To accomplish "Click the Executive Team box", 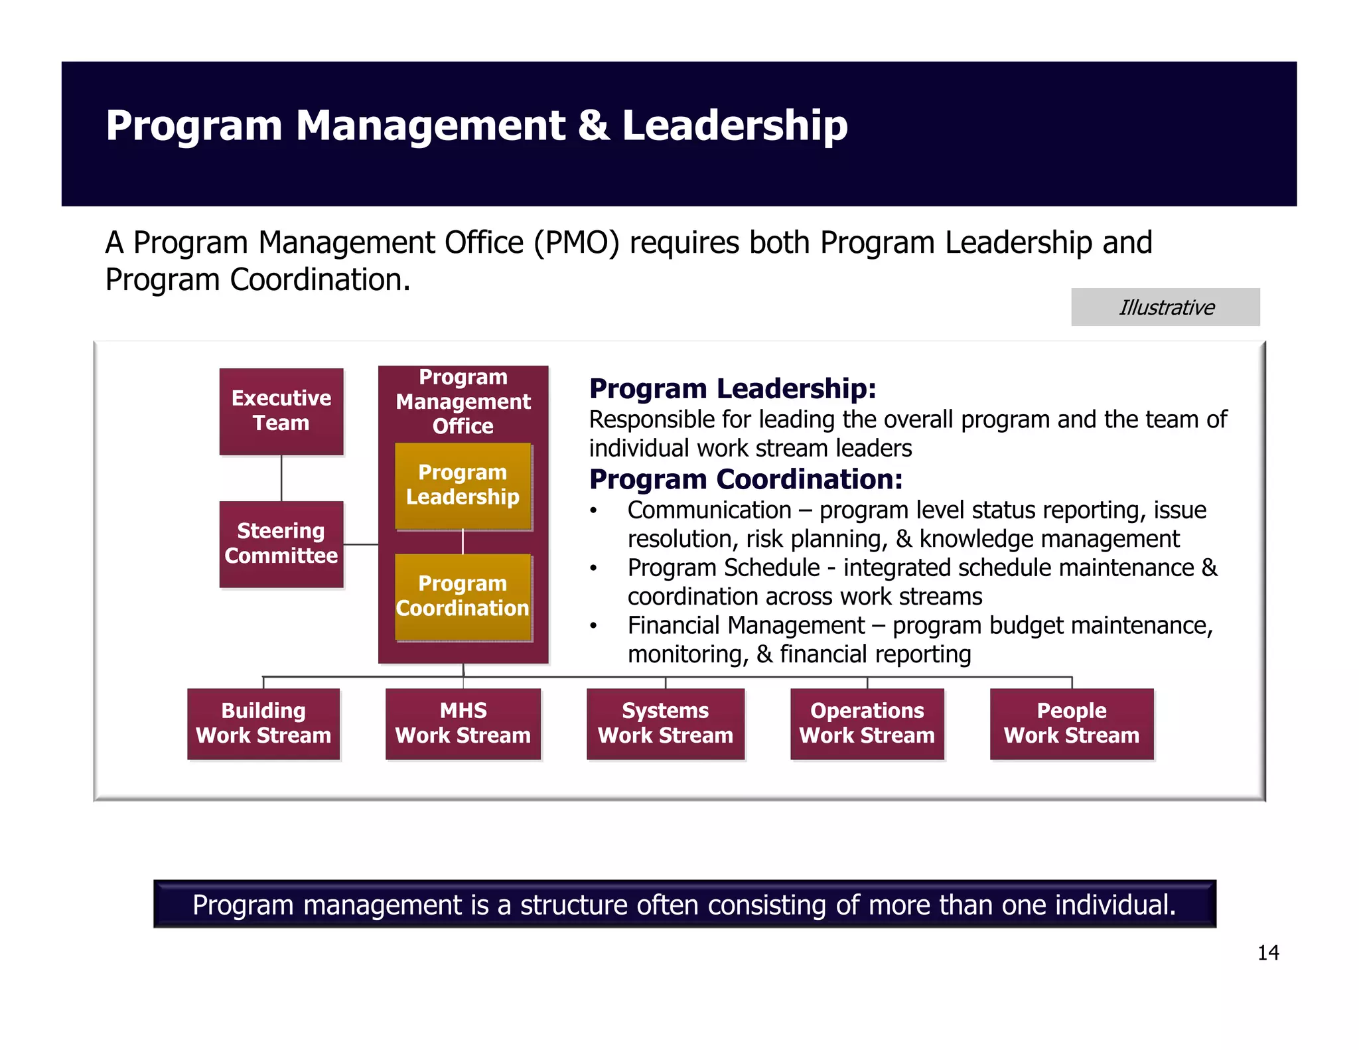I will pos(281,411).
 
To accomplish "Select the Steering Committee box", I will pos(281,544).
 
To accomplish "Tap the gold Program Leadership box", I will pos(463,485).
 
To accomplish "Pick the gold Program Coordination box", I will pos(463,596).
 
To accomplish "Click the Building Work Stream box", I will pos(263,723).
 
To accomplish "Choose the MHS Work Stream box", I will pos(463,723).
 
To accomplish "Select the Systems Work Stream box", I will pos(666,723).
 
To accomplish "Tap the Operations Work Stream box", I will pos(867,723).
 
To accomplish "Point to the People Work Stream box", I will pos(1072,723).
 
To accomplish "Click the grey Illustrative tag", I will pos(1165,307).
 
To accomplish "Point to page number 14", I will pos(1267,953).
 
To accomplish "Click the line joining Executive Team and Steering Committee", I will pos(281,478).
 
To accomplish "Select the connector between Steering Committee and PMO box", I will pos(361,544).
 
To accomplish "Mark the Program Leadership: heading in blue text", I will pos(733,389).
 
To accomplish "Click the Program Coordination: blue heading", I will pos(746,479).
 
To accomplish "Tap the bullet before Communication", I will pos(594,511).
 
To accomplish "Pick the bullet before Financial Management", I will pos(594,627).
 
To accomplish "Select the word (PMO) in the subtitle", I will pos(577,243).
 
